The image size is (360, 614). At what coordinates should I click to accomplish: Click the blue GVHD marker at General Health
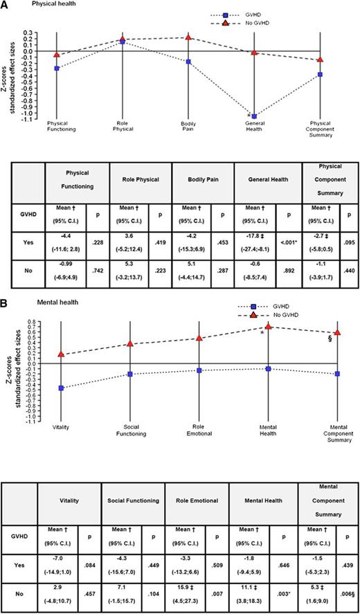click(254, 116)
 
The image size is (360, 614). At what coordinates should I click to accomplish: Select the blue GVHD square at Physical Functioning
click(57, 68)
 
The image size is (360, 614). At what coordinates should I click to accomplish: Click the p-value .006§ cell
click(348, 592)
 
